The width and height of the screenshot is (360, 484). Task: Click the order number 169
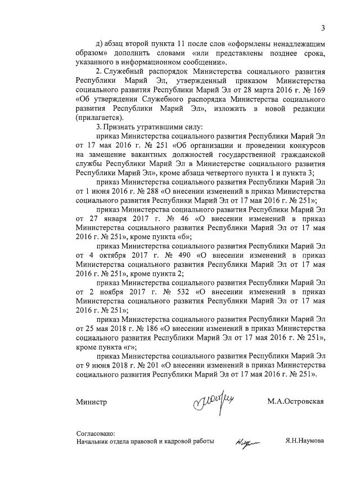(321, 92)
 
